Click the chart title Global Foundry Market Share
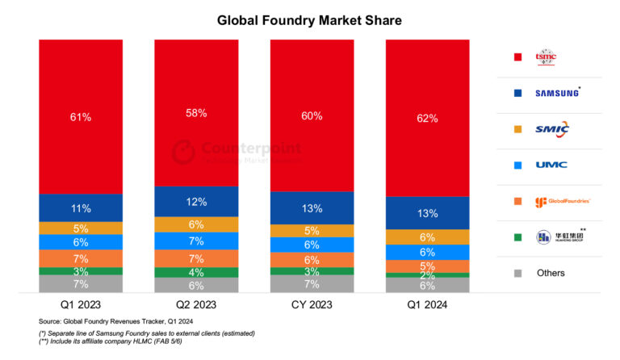tap(309, 19)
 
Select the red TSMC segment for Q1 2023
tap(81, 116)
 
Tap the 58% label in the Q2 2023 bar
tap(196, 113)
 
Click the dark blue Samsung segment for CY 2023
tap(312, 208)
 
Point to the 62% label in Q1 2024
tap(428, 119)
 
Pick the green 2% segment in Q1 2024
tap(428, 275)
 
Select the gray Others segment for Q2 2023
tap(196, 285)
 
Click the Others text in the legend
tap(551, 273)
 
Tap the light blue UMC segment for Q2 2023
tap(196, 241)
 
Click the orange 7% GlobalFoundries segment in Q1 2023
tap(81, 259)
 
